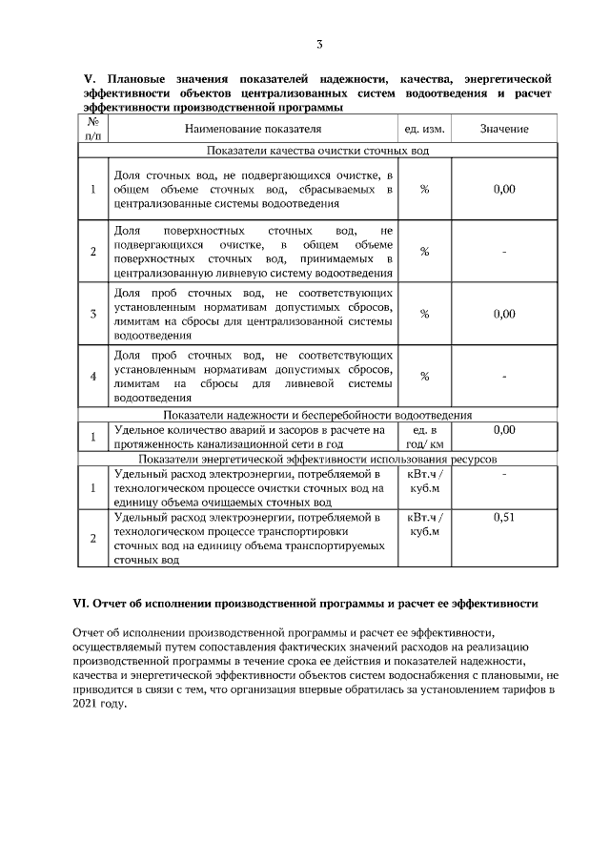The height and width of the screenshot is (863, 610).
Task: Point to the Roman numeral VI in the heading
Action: [x=82, y=605]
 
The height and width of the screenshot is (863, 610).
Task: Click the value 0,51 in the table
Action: [x=504, y=517]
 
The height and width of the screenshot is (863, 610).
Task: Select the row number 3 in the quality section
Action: [x=92, y=314]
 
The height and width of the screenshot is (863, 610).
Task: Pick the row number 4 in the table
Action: [x=92, y=376]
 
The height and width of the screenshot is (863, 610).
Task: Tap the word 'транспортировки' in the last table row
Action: [x=304, y=531]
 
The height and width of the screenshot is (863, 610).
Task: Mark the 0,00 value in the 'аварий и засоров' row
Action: [x=504, y=430]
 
